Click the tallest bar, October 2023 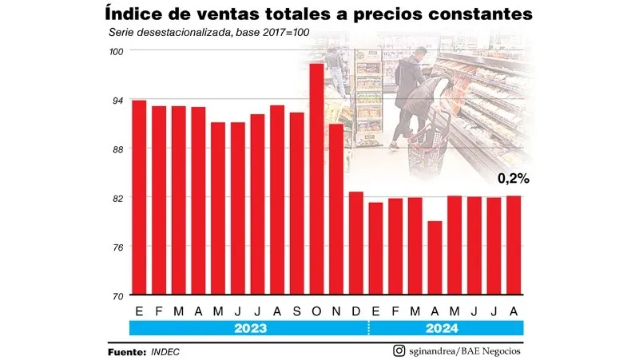(317, 180)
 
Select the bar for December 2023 (356, 243)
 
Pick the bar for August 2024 (514, 245)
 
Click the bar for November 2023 (336, 209)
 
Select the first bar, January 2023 (139, 197)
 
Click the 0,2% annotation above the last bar (513, 179)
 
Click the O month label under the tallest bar (317, 310)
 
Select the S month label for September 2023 (297, 310)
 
